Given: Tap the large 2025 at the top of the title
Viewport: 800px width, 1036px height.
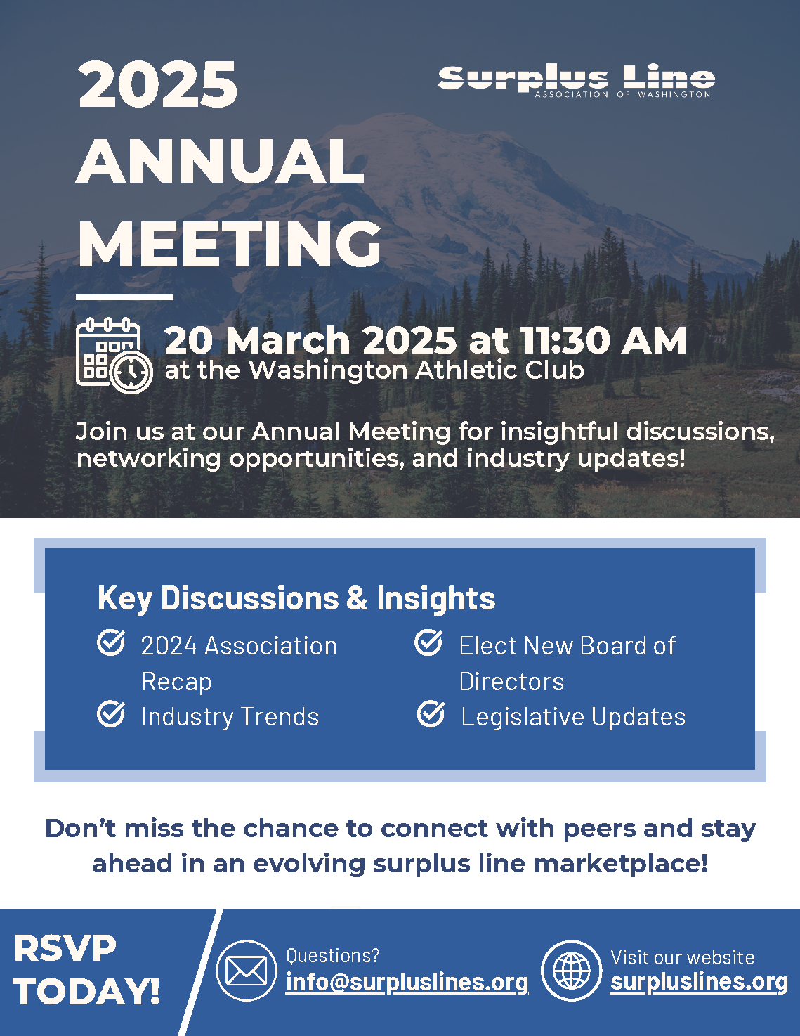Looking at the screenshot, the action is [x=158, y=85].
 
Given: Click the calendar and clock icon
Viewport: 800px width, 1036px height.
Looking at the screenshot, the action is [x=114, y=356].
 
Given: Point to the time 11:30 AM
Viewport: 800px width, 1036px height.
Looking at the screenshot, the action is [x=604, y=340].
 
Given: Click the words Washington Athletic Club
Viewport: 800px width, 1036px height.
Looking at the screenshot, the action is [x=417, y=370].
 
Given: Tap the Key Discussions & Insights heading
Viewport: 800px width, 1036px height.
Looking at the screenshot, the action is [x=296, y=598].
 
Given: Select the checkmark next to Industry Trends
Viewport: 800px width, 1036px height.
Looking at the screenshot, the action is [x=111, y=713].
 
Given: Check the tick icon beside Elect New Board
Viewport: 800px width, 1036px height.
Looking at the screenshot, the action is [x=428, y=642].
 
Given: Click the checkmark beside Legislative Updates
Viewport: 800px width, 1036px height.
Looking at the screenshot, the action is [x=431, y=713].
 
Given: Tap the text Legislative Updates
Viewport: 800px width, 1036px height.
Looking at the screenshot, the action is [x=573, y=717].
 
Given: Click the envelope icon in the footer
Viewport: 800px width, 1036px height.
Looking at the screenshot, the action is [x=247, y=971].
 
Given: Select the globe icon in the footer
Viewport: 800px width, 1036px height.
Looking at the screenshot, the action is [x=572, y=971].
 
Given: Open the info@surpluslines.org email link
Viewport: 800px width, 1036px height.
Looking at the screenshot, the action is [x=407, y=982].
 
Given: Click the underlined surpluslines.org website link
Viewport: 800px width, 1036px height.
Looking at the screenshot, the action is [x=699, y=982].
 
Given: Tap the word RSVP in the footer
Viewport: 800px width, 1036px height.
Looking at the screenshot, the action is [x=65, y=949].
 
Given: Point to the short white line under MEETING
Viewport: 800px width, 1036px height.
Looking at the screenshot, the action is [x=124, y=297].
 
